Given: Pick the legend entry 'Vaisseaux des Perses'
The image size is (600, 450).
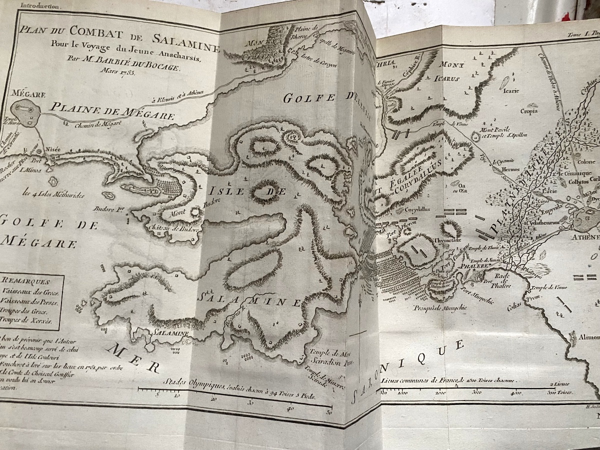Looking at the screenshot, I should click(x=30, y=301).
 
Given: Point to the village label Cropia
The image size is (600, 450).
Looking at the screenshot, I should click(x=529, y=111).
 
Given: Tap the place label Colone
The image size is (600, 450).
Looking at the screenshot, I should click(x=586, y=161).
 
